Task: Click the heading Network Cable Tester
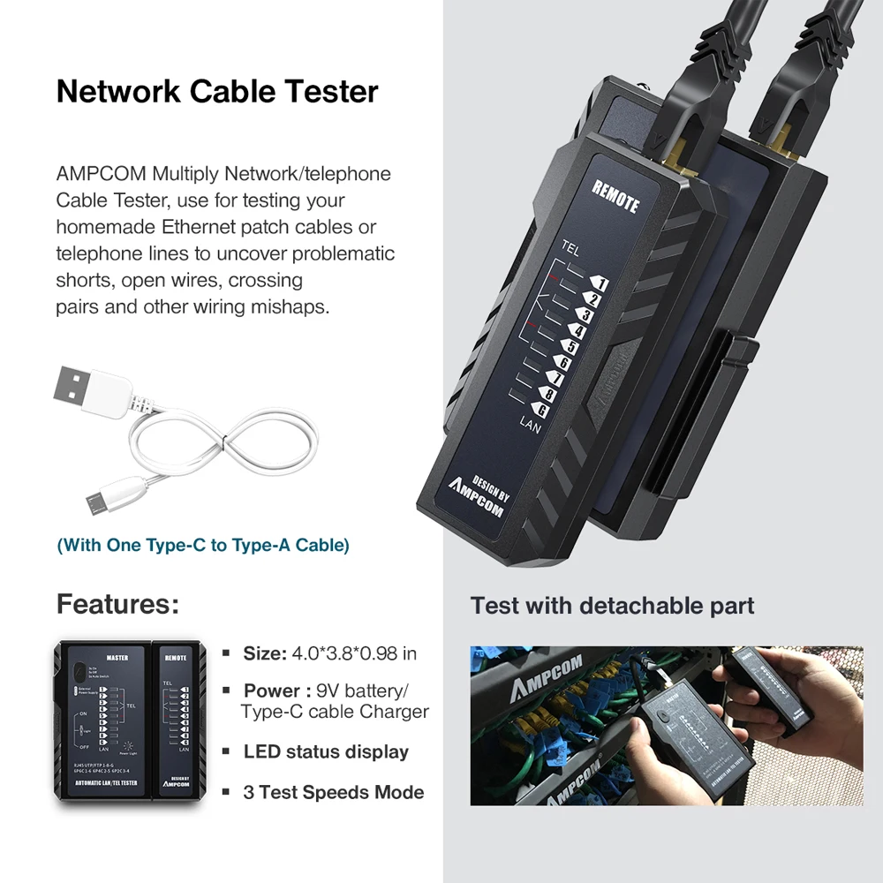(x=217, y=92)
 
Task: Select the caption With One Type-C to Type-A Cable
(x=203, y=545)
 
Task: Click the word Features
(x=117, y=605)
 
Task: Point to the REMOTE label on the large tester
(x=615, y=195)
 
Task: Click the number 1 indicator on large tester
(x=598, y=283)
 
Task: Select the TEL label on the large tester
(x=570, y=248)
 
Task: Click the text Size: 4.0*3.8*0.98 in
(x=329, y=654)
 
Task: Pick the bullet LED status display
(x=325, y=752)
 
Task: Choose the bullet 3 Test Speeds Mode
(x=333, y=792)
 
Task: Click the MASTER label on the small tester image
(x=117, y=657)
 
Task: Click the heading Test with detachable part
(x=612, y=606)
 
